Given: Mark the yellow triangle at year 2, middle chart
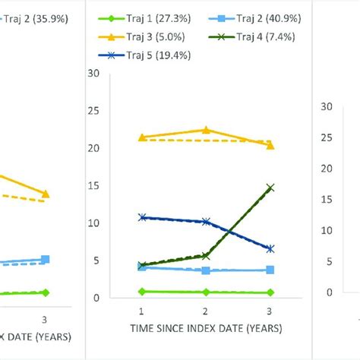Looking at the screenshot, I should tap(206, 130).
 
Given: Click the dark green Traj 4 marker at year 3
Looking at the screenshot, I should tap(270, 187).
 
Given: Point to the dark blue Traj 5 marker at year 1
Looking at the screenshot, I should tap(141, 217).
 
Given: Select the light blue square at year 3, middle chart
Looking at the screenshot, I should tap(270, 270).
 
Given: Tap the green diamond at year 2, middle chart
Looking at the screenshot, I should tap(206, 292).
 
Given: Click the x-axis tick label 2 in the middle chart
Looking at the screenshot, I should tap(206, 311).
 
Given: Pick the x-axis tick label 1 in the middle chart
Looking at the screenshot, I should tap(141, 311).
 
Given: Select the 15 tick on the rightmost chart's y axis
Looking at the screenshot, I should tap(327, 200).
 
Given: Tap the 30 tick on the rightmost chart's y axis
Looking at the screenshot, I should tap(327, 107).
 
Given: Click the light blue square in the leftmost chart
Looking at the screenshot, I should tap(46, 260).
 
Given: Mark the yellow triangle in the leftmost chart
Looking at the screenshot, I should tap(46, 194).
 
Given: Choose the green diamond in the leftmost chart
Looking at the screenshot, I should tap(46, 292).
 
